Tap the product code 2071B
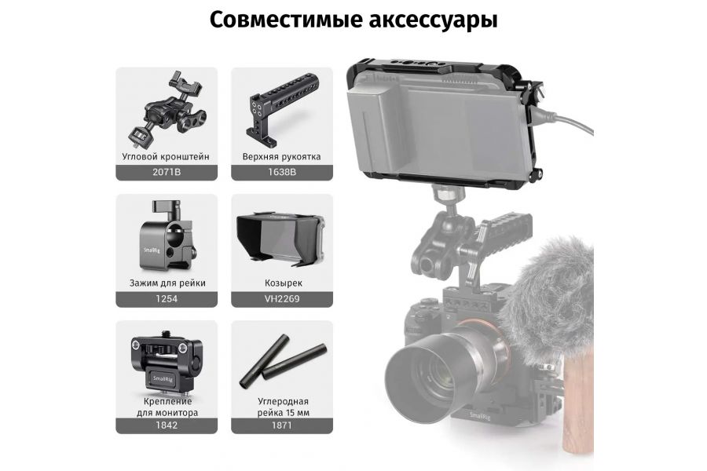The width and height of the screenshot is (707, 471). click(x=167, y=173)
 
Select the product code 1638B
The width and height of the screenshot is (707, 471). click(x=281, y=173)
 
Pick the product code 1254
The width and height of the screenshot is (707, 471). click(x=167, y=299)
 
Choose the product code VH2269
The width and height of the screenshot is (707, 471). click(x=281, y=299)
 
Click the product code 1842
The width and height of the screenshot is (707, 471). click(x=167, y=425)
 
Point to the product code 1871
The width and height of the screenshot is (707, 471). click(x=281, y=425)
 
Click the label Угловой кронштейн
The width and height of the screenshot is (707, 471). click(x=167, y=157)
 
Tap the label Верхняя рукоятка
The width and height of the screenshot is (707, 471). click(x=281, y=157)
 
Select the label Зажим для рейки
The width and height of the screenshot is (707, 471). click(x=167, y=283)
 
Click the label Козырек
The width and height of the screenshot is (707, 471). click(x=281, y=283)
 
